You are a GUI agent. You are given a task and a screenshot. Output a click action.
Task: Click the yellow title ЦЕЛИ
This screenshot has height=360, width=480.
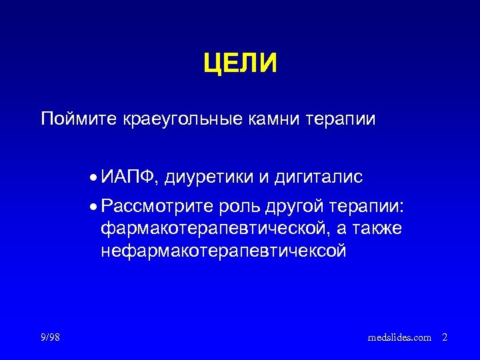pos(240,64)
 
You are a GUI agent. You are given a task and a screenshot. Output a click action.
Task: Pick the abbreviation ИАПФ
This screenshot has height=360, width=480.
pos(129,177)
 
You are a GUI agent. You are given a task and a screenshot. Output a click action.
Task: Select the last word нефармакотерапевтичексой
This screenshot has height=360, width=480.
pos(223,251)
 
